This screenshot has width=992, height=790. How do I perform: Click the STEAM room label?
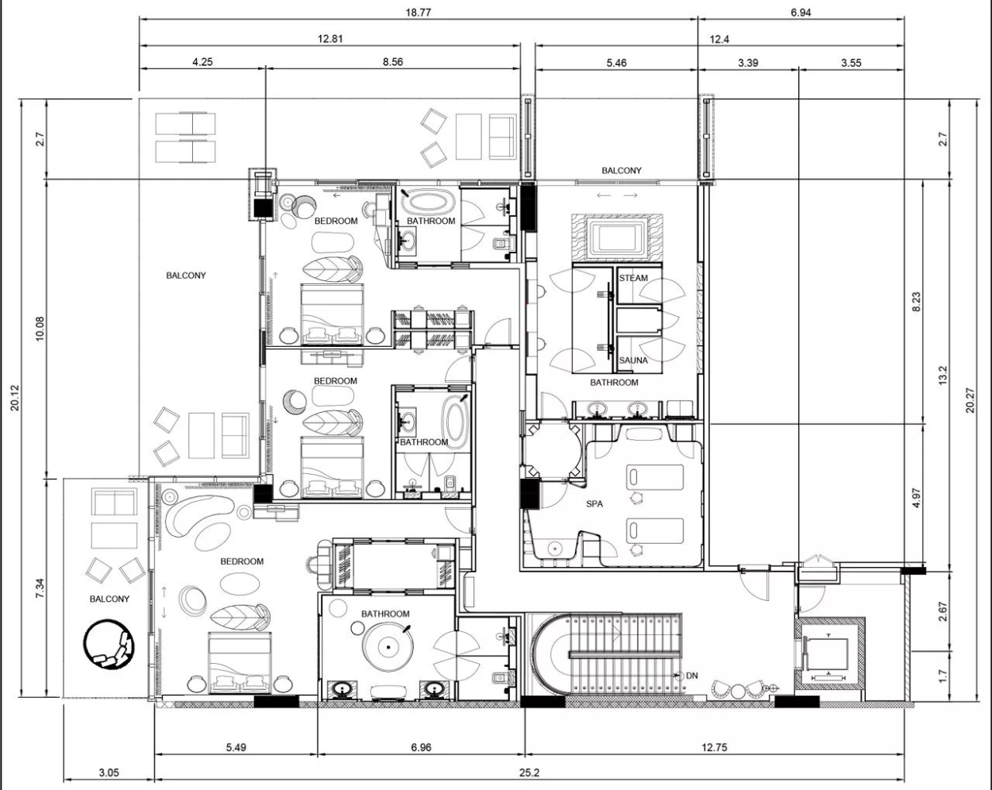pyautogui.click(x=633, y=278)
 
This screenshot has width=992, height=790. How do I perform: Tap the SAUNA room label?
pyautogui.click(x=633, y=360)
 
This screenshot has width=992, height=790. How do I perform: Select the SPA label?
pyautogui.click(x=594, y=504)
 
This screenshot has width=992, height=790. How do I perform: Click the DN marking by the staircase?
pyautogui.click(x=692, y=676)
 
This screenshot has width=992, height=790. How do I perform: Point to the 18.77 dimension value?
pyautogui.click(x=418, y=13)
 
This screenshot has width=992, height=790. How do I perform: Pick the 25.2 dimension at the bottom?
pyautogui.click(x=529, y=773)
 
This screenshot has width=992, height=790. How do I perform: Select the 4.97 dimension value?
pyautogui.click(x=917, y=498)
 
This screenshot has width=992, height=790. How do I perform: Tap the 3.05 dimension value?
pyautogui.click(x=109, y=773)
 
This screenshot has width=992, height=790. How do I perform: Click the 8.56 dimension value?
pyautogui.click(x=392, y=62)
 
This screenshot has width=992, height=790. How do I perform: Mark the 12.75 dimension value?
pyautogui.click(x=714, y=747)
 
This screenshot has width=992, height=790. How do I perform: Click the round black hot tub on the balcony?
pyautogui.click(x=110, y=644)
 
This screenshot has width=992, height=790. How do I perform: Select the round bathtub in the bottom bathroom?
pyautogui.click(x=388, y=646)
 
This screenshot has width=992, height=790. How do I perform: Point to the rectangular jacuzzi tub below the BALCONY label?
pyautogui.click(x=617, y=238)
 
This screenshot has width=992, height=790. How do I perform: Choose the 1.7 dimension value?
pyautogui.click(x=943, y=676)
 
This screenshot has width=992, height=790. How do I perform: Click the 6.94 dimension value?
pyautogui.click(x=801, y=13)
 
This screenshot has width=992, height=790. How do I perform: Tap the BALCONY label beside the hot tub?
pyautogui.click(x=110, y=599)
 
